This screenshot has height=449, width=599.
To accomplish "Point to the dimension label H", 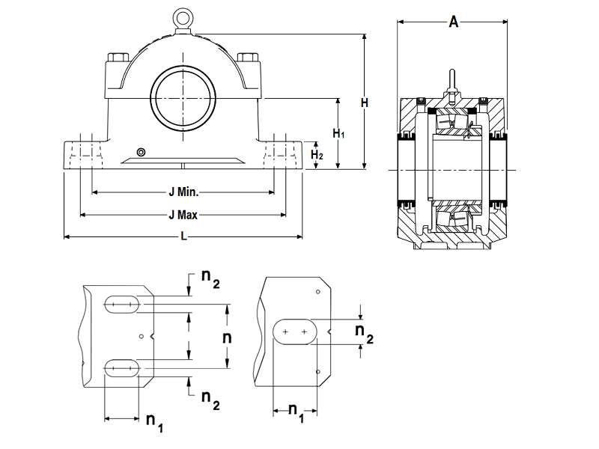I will (x=364, y=103).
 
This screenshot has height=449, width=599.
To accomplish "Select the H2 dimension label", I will (x=317, y=154).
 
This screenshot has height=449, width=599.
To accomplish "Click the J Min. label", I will (x=183, y=192).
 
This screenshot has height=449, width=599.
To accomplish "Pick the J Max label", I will (x=183, y=215).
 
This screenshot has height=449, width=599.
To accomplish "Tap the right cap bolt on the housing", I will (x=246, y=58).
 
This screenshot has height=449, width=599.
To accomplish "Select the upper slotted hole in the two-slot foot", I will (x=121, y=304).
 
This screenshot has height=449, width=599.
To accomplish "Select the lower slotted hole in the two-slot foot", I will (x=121, y=367).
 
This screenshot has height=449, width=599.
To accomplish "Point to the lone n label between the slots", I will (x=228, y=337).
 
